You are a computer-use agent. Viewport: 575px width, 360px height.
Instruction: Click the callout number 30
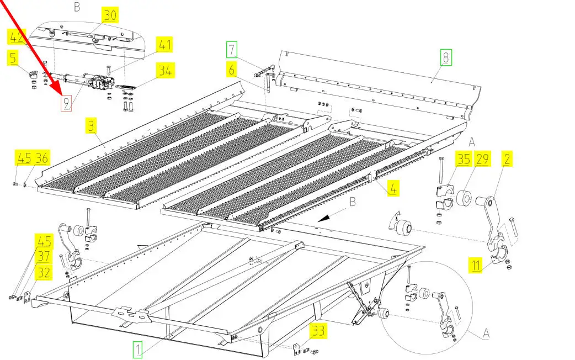110,15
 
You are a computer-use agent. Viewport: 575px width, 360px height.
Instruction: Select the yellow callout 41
165,44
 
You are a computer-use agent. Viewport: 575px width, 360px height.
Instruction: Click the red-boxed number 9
66,103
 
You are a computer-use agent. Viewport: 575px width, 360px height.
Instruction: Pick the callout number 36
41,158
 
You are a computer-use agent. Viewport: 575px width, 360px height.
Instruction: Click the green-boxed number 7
232,50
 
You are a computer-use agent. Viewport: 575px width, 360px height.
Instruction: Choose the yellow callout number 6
232,70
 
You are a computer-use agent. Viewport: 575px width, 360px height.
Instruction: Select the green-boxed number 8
445,56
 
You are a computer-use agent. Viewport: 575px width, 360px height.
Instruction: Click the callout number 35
463,160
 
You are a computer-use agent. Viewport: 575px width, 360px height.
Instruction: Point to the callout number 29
482,160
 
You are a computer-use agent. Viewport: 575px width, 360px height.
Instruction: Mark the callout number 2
506,160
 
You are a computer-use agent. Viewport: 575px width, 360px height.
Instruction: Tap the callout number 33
318,331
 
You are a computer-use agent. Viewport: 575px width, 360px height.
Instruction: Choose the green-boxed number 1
138,348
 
